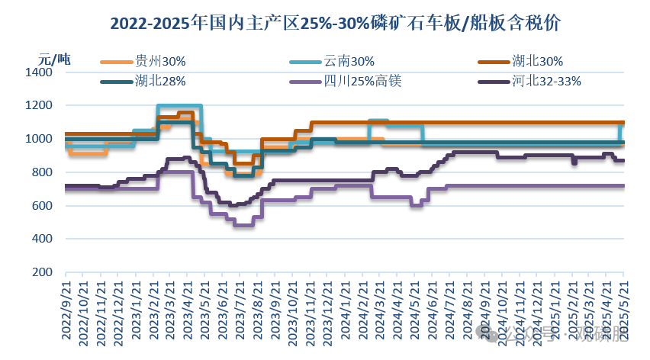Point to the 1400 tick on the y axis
click(x=38, y=72)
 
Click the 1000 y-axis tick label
click(x=38, y=139)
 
